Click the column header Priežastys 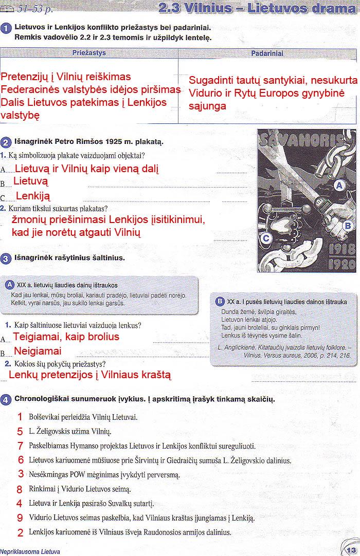pyautogui.click(x=89, y=53)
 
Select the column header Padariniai pyautogui.click(x=267, y=53)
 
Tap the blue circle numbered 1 pyautogui.click(x=6, y=29)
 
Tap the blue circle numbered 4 pyautogui.click(x=6, y=399)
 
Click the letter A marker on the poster pyautogui.click(x=339, y=186)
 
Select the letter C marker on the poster pyautogui.click(x=266, y=238)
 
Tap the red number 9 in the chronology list pyautogui.click(x=20, y=517)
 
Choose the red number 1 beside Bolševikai pyautogui.click(x=20, y=417)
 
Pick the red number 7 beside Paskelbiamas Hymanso pyautogui.click(x=20, y=446)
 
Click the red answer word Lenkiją pyautogui.click(x=33, y=196)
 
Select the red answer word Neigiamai pyautogui.click(x=38, y=351)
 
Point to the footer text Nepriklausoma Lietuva pyautogui.click(x=30, y=551)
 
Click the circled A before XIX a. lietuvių pyautogui.click(x=9, y=285)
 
